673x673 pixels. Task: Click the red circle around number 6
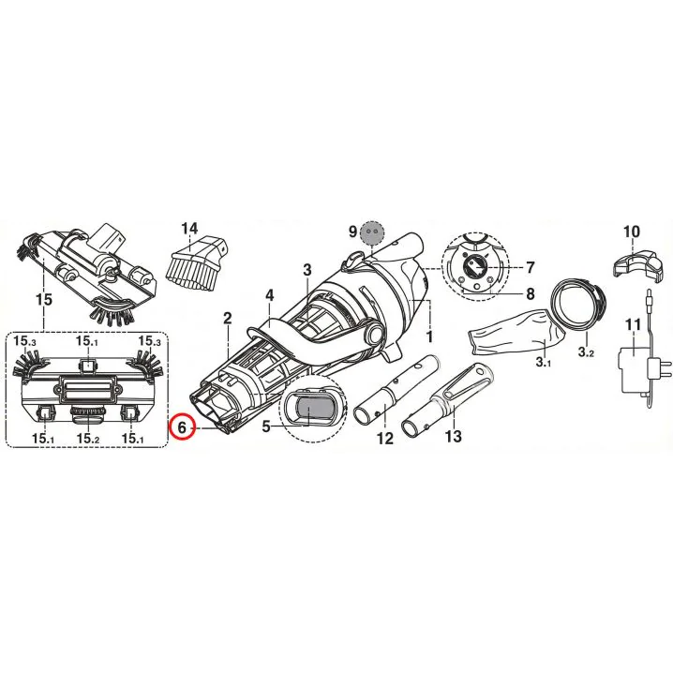(183, 427)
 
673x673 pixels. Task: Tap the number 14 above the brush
(189, 229)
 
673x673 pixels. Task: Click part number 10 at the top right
(631, 232)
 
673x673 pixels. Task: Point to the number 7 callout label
(531, 267)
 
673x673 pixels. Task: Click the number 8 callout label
(531, 293)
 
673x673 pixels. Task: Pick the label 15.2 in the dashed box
(88, 438)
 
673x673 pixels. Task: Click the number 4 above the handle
(270, 295)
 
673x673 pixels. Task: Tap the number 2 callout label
(228, 318)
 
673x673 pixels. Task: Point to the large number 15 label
(44, 299)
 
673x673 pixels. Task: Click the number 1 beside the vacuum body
(429, 336)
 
